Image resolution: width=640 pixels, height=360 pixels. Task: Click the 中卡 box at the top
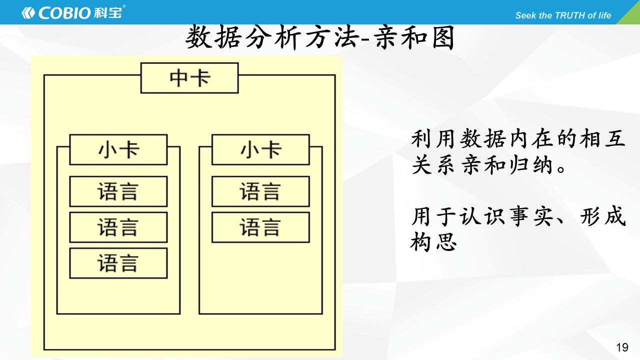click(189, 78)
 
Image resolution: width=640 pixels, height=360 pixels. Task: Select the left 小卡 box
click(118, 149)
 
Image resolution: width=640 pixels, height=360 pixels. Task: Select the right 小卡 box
click(260, 149)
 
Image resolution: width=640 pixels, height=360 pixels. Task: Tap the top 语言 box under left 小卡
click(118, 191)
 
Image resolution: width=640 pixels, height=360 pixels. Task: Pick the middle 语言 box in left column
click(118, 227)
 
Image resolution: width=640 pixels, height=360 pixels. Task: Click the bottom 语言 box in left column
click(118, 263)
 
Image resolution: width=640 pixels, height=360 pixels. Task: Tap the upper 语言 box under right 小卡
click(260, 191)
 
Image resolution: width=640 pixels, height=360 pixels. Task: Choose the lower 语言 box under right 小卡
click(260, 227)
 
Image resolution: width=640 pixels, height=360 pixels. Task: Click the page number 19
click(622, 347)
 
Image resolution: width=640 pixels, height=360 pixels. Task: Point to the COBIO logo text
click(64, 13)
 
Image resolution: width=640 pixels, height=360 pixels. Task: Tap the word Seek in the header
click(525, 15)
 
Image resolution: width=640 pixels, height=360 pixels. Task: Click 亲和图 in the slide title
click(414, 37)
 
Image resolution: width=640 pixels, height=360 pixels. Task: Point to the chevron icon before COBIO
click(28, 13)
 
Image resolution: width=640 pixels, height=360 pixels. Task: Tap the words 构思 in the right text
click(433, 241)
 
